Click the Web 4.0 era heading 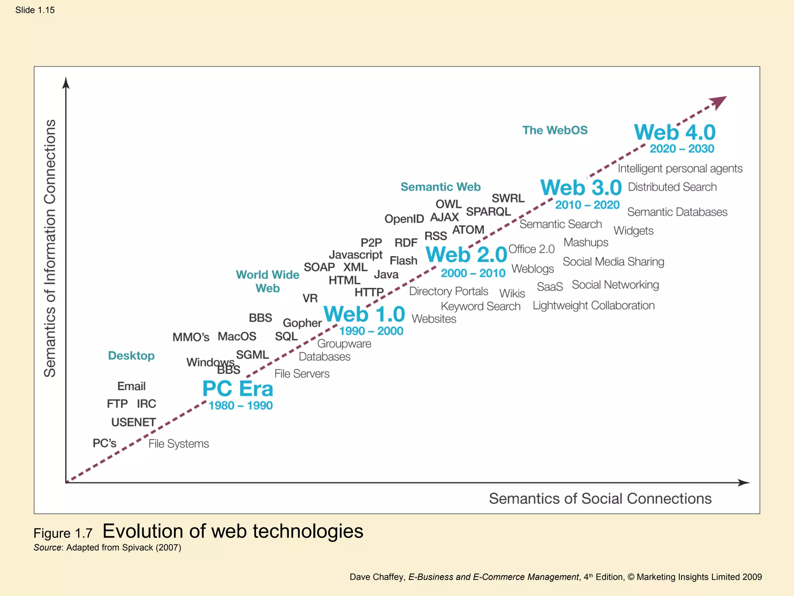tap(675, 133)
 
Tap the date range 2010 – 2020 tap(587, 205)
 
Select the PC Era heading tap(238, 389)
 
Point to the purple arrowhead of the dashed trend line tap(719, 102)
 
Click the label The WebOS tap(555, 130)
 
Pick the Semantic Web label tap(440, 187)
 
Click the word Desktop tap(131, 356)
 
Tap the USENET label tap(133, 422)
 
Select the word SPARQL tap(488, 212)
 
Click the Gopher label tap(302, 323)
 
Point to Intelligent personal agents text tap(680, 169)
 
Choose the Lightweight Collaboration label tap(593, 306)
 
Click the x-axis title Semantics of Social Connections tap(600, 499)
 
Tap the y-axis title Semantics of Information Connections tap(50, 248)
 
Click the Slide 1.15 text tap(35, 10)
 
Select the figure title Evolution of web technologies tap(233, 531)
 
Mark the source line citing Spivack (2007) tap(107, 547)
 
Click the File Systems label tap(178, 444)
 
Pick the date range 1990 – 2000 tap(371, 331)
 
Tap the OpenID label tap(404, 219)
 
